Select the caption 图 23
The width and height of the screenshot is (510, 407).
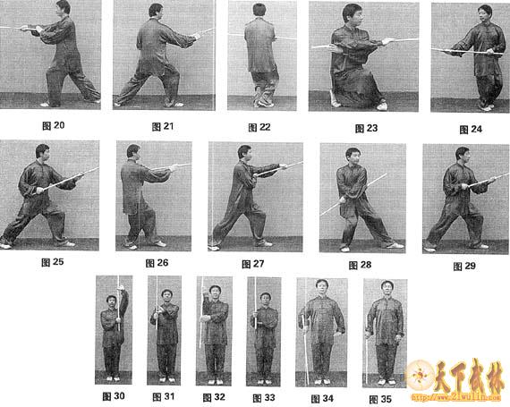(367, 128)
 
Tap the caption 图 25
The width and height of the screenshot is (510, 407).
(54, 262)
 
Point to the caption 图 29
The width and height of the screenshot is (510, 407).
(464, 266)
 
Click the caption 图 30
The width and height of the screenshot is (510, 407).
(113, 394)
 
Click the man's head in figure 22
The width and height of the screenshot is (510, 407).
(259, 11)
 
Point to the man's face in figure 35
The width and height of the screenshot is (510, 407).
(387, 290)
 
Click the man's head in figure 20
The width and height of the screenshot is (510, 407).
(63, 8)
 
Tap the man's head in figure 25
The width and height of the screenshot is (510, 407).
(42, 153)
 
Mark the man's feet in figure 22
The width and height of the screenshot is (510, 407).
(263, 100)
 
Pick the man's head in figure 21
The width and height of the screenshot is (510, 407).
(156, 12)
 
